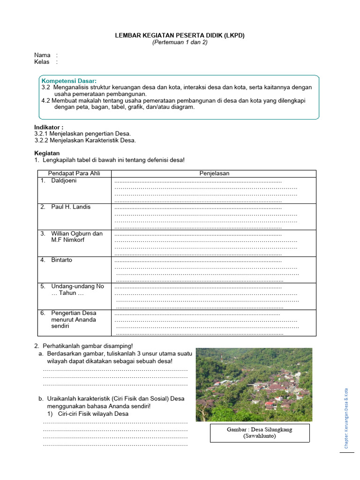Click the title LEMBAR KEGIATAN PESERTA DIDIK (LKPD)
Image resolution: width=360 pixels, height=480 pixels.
tap(180, 35)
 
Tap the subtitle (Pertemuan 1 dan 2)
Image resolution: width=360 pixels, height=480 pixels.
tap(180, 42)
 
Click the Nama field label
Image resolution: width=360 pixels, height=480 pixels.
tap(42, 55)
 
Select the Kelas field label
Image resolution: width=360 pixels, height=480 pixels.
tap(42, 62)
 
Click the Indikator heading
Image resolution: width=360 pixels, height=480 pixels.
tap(49, 127)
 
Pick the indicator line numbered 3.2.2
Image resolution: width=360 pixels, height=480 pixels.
tap(85, 140)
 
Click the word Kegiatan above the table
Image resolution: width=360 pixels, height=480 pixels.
tap(47, 153)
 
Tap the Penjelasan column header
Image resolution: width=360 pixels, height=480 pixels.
tap(214, 173)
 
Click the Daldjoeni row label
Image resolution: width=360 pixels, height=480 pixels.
tap(64, 180)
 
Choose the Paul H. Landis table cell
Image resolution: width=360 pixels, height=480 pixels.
tap(71, 207)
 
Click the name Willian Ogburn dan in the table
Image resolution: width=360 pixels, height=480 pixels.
tap(76, 233)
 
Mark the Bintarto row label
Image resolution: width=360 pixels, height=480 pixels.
tap(61, 260)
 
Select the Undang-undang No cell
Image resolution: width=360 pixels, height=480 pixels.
tap(77, 286)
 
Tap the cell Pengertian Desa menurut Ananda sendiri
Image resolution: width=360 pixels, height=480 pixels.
tap(74, 319)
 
